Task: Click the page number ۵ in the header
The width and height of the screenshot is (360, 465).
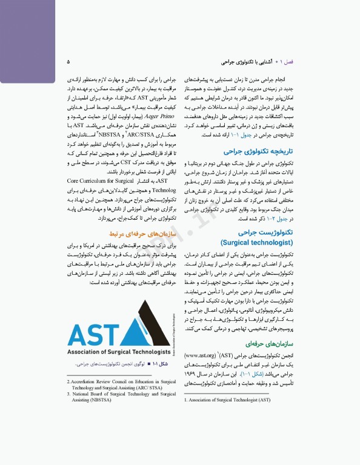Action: [68, 62]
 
